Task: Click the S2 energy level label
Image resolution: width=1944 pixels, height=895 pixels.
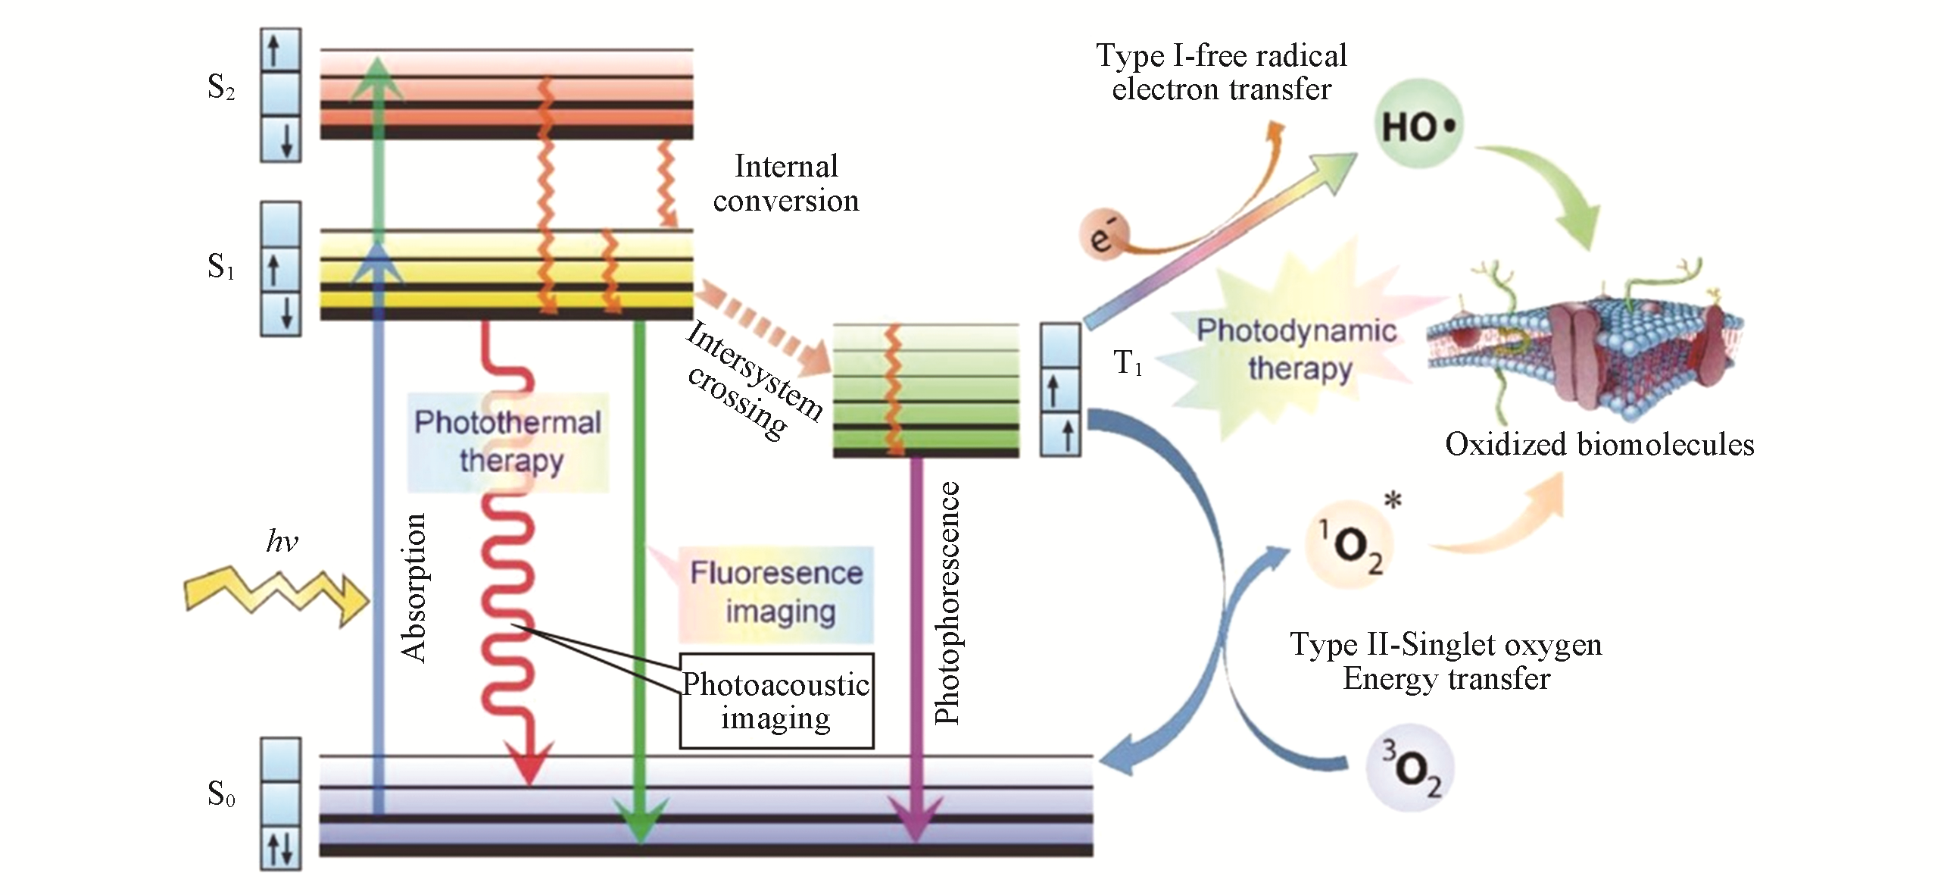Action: pyautogui.click(x=220, y=88)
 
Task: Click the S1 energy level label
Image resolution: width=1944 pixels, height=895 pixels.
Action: pyautogui.click(x=220, y=267)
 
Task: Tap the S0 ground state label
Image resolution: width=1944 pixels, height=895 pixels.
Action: pyautogui.click(x=220, y=793)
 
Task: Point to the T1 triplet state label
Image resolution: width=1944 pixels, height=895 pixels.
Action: pyautogui.click(x=1127, y=363)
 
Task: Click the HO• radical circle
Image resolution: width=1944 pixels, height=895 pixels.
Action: pyautogui.click(x=1418, y=126)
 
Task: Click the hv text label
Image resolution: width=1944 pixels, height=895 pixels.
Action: pyautogui.click(x=282, y=541)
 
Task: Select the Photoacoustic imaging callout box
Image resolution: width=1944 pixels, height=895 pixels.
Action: pyautogui.click(x=776, y=701)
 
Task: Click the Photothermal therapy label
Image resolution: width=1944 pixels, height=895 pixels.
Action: pyautogui.click(x=508, y=441)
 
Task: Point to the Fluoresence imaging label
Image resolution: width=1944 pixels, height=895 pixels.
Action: pyautogui.click(x=776, y=593)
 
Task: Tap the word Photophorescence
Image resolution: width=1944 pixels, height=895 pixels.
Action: pyautogui.click(x=947, y=603)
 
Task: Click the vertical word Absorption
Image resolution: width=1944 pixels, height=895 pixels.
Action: pyautogui.click(x=414, y=588)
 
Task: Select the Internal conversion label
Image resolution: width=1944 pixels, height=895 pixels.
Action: pyautogui.click(x=786, y=183)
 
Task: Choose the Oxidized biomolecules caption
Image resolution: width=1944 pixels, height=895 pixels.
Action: pyautogui.click(x=1599, y=444)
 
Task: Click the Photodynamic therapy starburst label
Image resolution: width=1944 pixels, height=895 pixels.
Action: pyautogui.click(x=1297, y=349)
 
